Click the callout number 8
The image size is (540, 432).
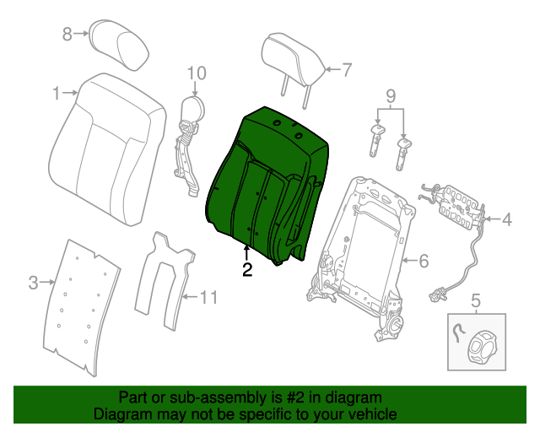67,34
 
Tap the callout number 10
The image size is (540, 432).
196,73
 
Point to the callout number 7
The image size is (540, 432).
346,70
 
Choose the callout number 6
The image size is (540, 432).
424,260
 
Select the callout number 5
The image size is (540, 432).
475,300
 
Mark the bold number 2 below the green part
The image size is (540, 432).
246,270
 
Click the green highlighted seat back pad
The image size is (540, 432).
262,181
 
